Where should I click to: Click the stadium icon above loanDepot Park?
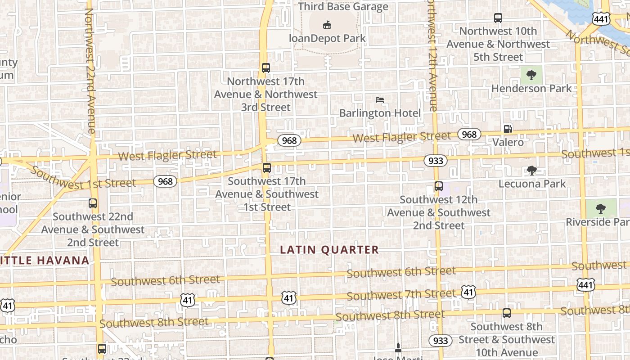[x=327, y=25]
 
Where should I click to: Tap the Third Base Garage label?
[x=343, y=7]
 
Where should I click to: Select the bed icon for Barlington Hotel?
[x=380, y=99]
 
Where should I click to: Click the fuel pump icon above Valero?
[x=508, y=129]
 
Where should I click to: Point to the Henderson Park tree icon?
[x=531, y=75]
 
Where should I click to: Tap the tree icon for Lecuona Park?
[x=532, y=170]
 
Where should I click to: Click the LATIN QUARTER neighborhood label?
[x=329, y=250]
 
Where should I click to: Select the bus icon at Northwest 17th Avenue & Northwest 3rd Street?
[x=266, y=68]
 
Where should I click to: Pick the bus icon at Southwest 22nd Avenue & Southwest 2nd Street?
[x=93, y=203]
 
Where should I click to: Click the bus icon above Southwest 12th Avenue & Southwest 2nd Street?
[x=439, y=186]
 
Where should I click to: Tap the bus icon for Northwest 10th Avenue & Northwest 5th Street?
[x=498, y=18]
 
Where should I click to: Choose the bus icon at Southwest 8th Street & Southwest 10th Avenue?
[x=507, y=313]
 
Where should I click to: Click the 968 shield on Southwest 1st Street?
[x=165, y=181]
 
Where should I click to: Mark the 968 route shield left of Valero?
[x=469, y=134]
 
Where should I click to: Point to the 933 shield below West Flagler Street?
[x=436, y=161]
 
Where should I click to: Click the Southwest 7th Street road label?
[x=401, y=295]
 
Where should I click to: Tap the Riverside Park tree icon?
[x=600, y=208]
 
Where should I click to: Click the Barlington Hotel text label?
[x=380, y=113]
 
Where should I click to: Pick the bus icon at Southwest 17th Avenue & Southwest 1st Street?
[x=267, y=168]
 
